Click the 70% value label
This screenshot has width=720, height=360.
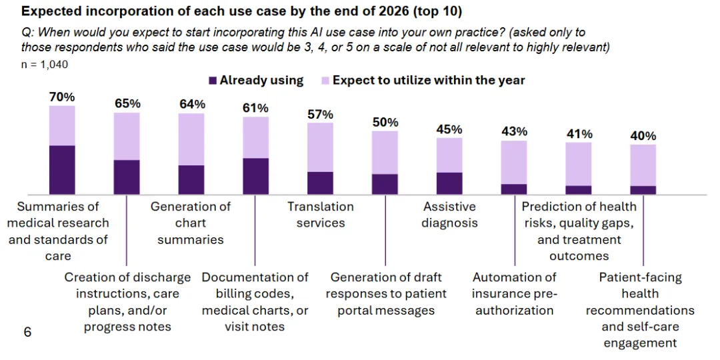62,97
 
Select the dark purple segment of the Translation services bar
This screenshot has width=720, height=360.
320,183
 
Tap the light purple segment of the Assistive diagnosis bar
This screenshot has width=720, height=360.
449,155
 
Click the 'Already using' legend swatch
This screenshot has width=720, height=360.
213,81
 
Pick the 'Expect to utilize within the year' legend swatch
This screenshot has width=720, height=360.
326,81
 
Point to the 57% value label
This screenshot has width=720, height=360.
320,114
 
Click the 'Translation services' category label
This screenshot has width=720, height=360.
321,215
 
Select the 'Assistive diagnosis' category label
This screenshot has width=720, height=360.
449,215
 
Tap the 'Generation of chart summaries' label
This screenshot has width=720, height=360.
191,223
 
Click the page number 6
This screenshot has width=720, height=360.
27,331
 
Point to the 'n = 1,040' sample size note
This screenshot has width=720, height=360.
44,65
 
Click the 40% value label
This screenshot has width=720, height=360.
643,136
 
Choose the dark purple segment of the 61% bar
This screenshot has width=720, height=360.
255,176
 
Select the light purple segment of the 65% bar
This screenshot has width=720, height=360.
127,136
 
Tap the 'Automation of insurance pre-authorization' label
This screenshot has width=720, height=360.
514,293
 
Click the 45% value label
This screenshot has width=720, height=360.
449,129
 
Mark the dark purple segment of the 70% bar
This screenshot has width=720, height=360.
62,169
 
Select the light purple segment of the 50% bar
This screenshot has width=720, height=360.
385,152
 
